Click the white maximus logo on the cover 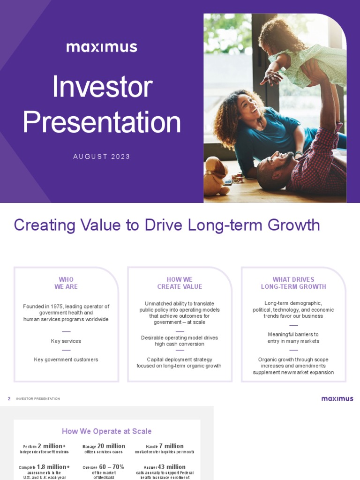[102, 47]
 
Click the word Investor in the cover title [102, 87]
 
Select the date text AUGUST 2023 [102, 157]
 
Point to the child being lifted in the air [300, 52]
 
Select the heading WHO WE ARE [66, 283]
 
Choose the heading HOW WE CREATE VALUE [180, 283]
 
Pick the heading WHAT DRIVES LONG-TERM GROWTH [293, 283]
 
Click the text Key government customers [66, 360]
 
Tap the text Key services [66, 341]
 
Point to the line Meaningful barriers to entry [293, 337]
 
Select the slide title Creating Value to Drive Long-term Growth [167, 225]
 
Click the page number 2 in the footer [9, 399]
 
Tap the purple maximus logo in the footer [337, 398]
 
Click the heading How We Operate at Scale [107, 431]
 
